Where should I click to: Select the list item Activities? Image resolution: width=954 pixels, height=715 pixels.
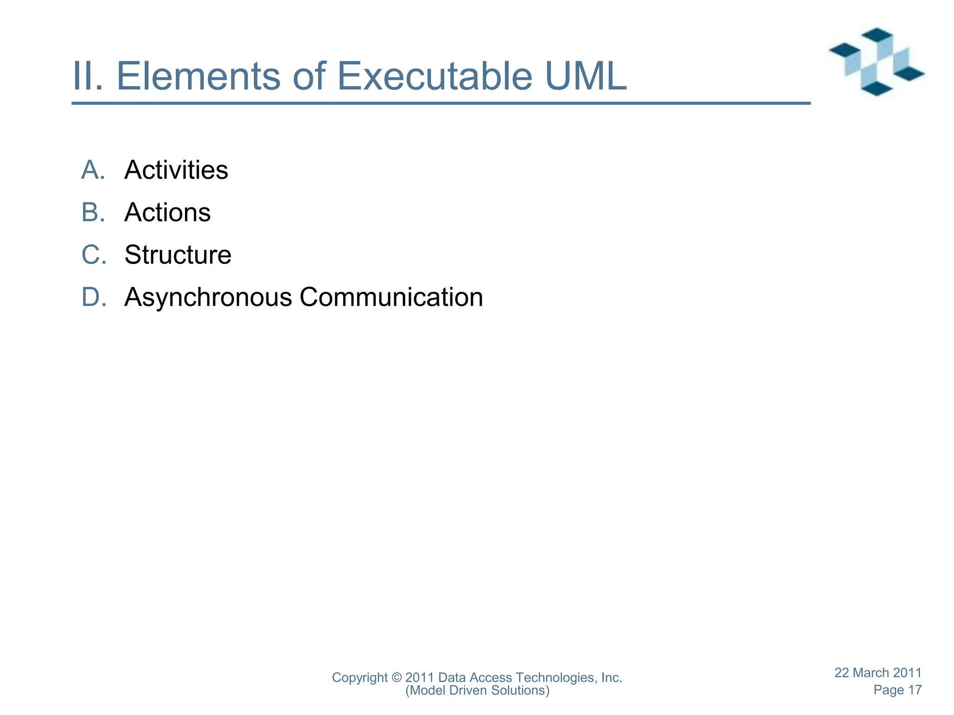coord(176,170)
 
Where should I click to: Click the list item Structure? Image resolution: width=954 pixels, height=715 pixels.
coord(177,255)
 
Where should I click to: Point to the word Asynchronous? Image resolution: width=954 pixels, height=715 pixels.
coord(208,297)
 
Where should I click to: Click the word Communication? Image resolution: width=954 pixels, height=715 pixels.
coord(391,297)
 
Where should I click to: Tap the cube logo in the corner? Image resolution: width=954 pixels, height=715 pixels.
coord(876,62)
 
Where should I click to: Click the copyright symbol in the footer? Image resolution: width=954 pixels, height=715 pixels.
coord(396,678)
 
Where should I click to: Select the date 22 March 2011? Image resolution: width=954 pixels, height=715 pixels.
coord(878,673)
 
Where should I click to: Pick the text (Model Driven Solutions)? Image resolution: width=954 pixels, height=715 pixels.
coord(477,690)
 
